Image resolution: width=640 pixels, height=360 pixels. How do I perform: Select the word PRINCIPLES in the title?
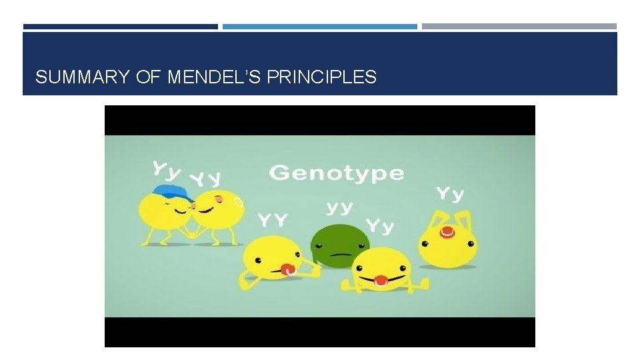[321, 77]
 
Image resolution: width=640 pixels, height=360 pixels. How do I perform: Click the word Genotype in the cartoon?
[336, 173]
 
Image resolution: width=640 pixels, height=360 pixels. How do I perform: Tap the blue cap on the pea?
[173, 193]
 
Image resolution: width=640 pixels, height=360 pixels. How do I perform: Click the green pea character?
[341, 245]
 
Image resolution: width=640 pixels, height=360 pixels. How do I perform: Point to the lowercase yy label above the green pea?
[339, 208]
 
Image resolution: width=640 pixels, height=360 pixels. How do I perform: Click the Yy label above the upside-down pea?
[450, 194]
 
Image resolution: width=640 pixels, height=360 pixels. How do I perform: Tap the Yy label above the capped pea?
[166, 169]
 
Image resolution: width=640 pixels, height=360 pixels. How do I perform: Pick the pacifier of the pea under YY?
[288, 269]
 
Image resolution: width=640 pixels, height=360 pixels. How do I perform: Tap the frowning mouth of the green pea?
[341, 255]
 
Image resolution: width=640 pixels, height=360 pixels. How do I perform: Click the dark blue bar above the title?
[121, 27]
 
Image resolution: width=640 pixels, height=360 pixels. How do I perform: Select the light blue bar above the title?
[320, 27]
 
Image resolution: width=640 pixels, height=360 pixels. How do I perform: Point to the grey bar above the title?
[519, 27]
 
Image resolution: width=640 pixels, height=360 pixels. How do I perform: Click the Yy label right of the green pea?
[381, 226]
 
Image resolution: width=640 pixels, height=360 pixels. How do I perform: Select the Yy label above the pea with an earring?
[205, 179]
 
